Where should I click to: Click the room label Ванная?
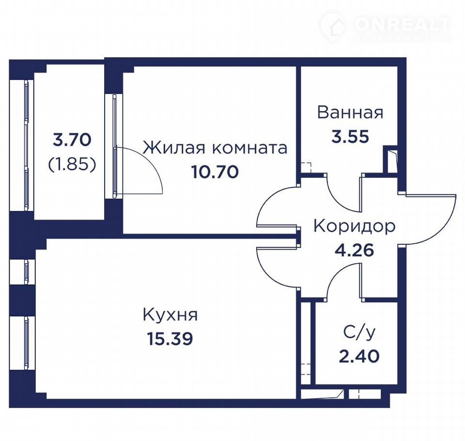[350, 112]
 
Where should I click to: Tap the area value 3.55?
[350, 137]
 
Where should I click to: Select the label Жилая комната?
[215, 148]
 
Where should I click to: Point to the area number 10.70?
[215, 172]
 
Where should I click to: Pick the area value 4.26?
[355, 250]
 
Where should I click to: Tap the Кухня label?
[170, 315]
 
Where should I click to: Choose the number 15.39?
[170, 339]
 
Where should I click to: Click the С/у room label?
[359, 333]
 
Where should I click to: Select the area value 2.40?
[359, 356]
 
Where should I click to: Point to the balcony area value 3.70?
[72, 140]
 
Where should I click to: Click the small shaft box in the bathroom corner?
[390, 159]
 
